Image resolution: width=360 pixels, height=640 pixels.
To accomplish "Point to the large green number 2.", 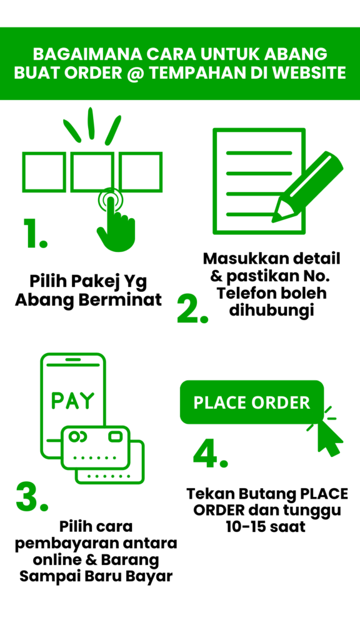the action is tap(192, 309).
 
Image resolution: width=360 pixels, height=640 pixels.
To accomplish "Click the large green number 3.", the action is tap(32, 496).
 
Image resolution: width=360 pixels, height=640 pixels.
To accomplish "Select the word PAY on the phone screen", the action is tap(73, 401).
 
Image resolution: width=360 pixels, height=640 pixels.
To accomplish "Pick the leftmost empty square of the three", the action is tap(44, 172).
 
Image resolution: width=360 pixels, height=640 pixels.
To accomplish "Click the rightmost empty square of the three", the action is tap(141, 172).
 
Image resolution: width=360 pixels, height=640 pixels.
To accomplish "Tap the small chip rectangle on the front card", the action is tap(116, 437).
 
